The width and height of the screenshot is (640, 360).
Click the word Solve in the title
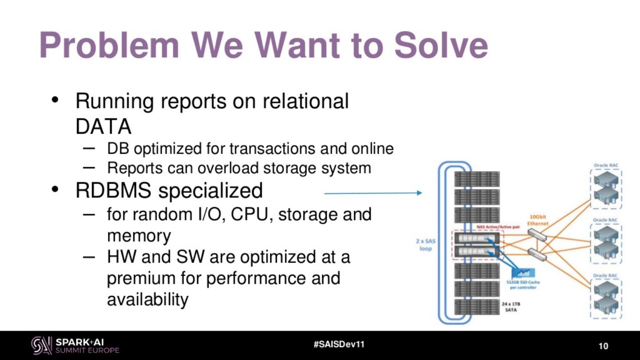(x=440, y=45)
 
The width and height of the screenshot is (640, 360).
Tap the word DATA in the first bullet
(x=103, y=127)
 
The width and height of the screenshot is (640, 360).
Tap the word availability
(x=148, y=300)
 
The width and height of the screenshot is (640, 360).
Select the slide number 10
(x=603, y=346)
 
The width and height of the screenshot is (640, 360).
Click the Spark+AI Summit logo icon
(x=41, y=345)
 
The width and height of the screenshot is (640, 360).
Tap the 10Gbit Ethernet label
(x=538, y=220)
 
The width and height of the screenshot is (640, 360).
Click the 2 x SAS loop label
(x=425, y=245)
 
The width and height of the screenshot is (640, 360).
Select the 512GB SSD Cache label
(x=523, y=285)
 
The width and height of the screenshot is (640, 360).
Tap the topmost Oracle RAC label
(x=606, y=165)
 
